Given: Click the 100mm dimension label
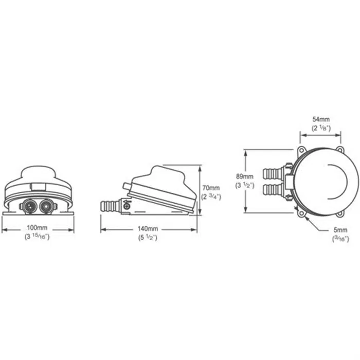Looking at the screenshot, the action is (x=37, y=228).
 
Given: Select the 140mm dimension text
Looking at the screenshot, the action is (x=148, y=229).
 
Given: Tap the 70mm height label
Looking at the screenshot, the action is (x=211, y=188).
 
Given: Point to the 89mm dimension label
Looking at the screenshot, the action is (x=245, y=176).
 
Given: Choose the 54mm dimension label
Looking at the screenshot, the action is (x=321, y=119).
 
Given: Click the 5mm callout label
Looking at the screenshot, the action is (x=340, y=230).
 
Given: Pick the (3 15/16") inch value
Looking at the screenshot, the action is (x=37, y=237).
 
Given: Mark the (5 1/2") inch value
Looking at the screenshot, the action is (x=148, y=238).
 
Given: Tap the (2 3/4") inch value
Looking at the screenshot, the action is (x=211, y=197).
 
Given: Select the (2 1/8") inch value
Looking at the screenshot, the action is (x=321, y=128).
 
